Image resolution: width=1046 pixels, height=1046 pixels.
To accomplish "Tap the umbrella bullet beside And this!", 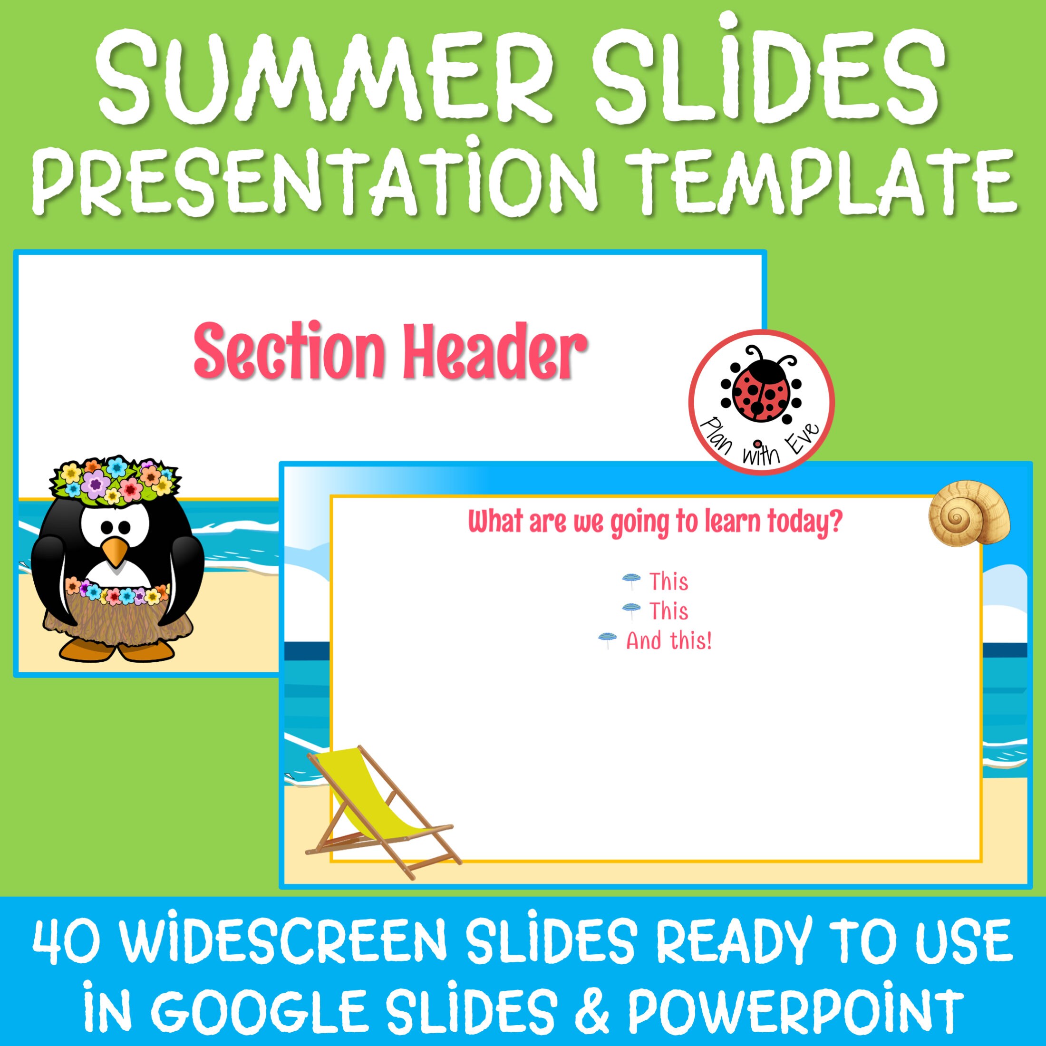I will [x=607, y=640].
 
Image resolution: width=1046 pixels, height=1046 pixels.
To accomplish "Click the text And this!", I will [x=668, y=641].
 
